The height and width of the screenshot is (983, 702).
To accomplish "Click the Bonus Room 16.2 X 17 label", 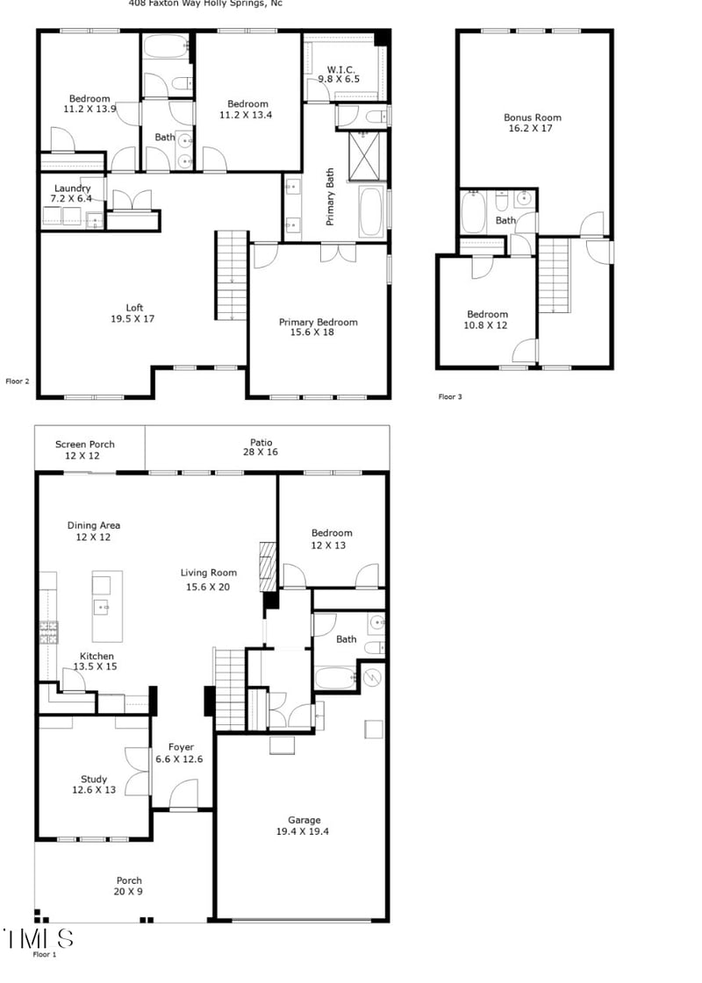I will pyautogui.click(x=532, y=123).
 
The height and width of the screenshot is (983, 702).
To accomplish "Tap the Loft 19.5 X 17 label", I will pyautogui.click(x=133, y=313).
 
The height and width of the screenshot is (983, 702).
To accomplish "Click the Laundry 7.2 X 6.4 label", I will pyautogui.click(x=72, y=194).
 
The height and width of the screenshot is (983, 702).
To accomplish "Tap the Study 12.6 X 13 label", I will pyautogui.click(x=93, y=785).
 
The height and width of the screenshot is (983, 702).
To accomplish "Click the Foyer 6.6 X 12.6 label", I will pyautogui.click(x=179, y=753).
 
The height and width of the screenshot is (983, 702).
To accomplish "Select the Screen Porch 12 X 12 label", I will pyautogui.click(x=84, y=450).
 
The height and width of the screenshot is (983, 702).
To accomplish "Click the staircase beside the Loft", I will pyautogui.click(x=231, y=275).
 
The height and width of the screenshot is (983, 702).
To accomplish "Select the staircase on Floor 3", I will pyautogui.click(x=554, y=276).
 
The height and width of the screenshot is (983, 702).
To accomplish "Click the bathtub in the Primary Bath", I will pyautogui.click(x=371, y=211).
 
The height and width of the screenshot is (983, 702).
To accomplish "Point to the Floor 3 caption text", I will pyautogui.click(x=450, y=397).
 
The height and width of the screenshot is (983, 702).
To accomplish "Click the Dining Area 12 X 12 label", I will pyautogui.click(x=93, y=531).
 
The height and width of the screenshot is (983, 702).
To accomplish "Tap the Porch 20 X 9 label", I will pyautogui.click(x=129, y=887).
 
